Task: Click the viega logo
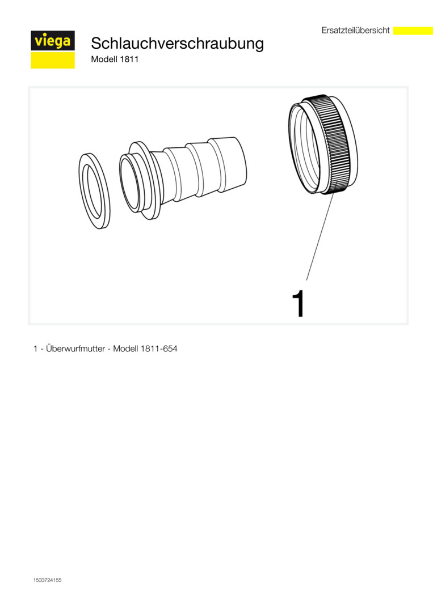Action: click(53, 49)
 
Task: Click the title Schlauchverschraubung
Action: click(177, 43)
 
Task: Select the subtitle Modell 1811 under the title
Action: click(115, 59)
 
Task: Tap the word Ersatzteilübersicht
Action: click(356, 31)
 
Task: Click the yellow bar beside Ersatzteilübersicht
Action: click(413, 31)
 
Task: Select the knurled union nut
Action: click(323, 144)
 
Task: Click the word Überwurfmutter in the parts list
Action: click(75, 348)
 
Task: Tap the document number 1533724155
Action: click(47, 580)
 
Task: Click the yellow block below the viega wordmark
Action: click(53, 60)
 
